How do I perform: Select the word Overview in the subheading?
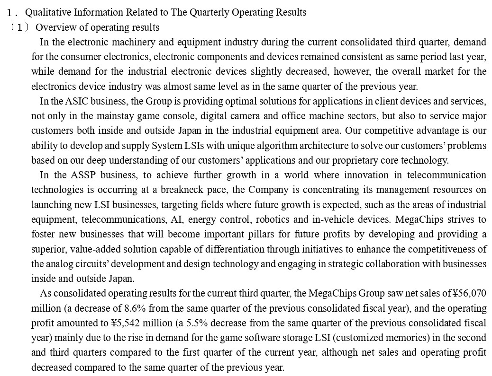[53, 27]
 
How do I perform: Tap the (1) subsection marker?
[19, 27]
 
